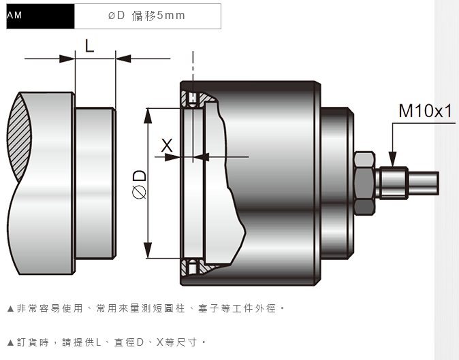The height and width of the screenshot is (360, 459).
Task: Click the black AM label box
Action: (x=40, y=16)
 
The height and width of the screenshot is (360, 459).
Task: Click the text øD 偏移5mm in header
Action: (x=146, y=16)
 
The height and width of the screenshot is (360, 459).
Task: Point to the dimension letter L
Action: (x=90, y=46)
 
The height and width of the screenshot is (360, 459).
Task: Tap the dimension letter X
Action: (x=167, y=146)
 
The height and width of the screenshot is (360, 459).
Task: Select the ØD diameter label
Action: (x=140, y=184)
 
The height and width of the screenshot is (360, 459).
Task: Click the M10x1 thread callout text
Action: (x=426, y=111)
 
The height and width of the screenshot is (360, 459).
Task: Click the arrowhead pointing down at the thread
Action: (x=392, y=159)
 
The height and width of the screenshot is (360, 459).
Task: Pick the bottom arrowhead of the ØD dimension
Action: (x=148, y=250)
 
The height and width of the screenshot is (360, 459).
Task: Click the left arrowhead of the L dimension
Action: (x=67, y=59)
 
